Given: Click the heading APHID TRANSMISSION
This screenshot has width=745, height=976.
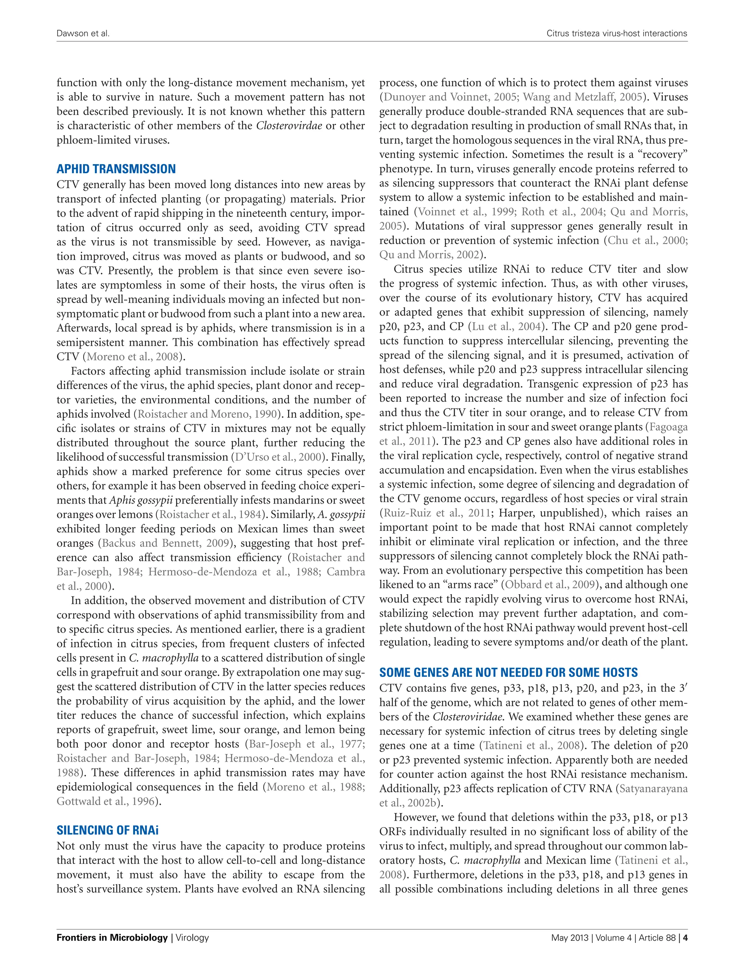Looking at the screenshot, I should (116, 169).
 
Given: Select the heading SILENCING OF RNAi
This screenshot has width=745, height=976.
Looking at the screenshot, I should (107, 830).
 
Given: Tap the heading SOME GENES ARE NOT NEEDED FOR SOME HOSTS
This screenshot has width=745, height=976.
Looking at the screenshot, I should (508, 673).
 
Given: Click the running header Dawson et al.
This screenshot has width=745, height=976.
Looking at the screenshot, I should (83, 33).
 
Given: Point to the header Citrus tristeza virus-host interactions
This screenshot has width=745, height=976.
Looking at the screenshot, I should (616, 33).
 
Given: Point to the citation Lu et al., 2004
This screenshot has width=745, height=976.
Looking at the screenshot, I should (507, 327).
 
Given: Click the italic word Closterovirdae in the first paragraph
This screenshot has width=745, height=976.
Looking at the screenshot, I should (289, 126).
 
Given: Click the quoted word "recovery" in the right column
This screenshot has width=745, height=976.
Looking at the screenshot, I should (658, 155).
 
